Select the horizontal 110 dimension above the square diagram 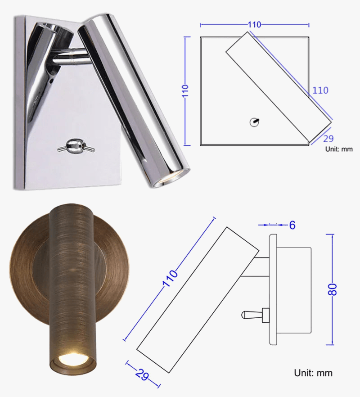(254, 25)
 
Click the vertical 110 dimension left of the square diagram (184, 91)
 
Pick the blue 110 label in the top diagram (320, 90)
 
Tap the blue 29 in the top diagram (328, 139)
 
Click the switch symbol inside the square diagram (255, 121)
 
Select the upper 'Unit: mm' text (339, 149)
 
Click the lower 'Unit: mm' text (313, 373)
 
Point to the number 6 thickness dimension (292, 225)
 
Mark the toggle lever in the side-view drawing (252, 314)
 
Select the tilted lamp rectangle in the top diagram (279, 86)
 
